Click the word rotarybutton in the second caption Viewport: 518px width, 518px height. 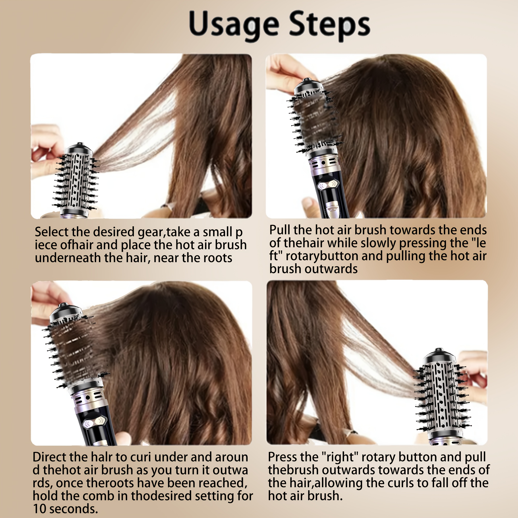[x=322, y=256]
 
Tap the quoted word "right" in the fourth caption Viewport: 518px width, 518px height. [x=340, y=457]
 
